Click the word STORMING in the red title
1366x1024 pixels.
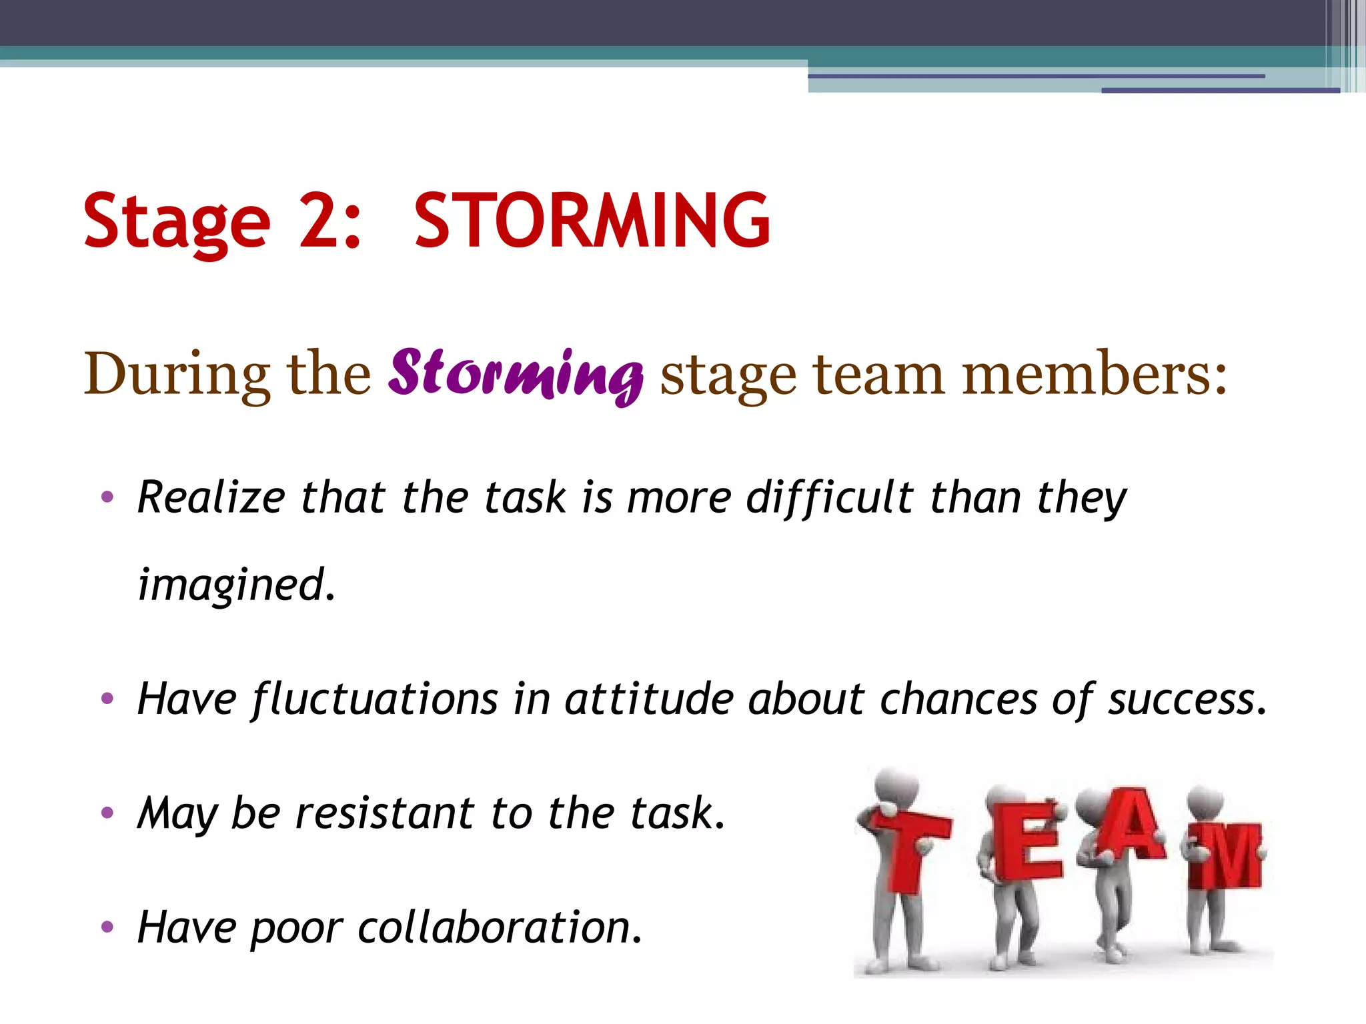(592, 220)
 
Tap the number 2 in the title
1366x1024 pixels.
(319, 220)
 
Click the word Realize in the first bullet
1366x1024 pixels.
(211, 497)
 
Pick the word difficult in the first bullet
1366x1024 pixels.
(830, 497)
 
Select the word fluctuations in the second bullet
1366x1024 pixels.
(374, 699)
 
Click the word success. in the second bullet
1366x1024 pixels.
(1187, 699)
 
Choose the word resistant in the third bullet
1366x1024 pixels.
(385, 813)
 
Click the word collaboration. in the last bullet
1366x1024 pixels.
(500, 927)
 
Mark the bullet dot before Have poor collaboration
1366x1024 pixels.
(107, 927)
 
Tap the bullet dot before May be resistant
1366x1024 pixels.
(107, 813)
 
